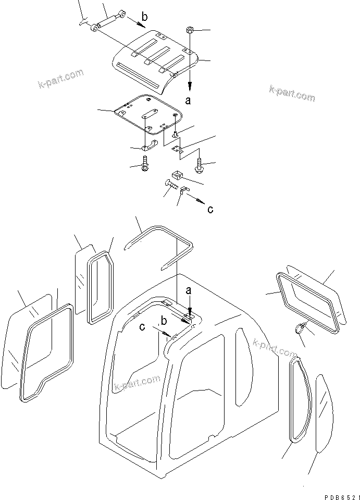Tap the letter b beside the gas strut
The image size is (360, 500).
[x=144, y=17]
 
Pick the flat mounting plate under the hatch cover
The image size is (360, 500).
[x=148, y=112]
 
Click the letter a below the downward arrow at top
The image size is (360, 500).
[x=188, y=101]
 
